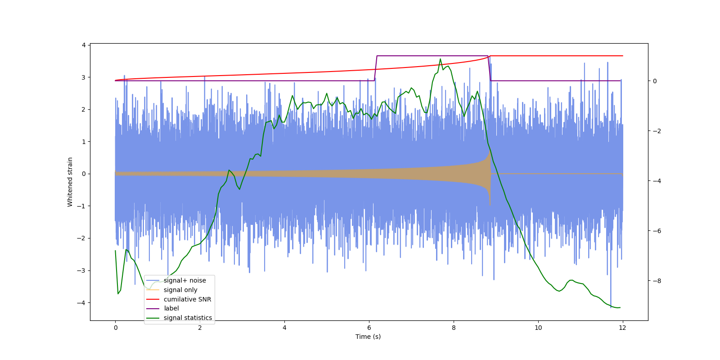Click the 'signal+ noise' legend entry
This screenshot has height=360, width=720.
coord(184,280)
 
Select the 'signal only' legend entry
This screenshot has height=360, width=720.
coord(180,290)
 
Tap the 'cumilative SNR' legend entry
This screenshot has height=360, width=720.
coord(187,299)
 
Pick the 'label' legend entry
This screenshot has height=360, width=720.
coord(171,308)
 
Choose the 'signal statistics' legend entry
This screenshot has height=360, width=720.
coord(188,318)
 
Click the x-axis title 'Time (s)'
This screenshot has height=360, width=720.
coord(368,337)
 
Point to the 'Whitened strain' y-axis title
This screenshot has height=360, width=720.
coord(70,182)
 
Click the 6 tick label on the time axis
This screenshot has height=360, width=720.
coord(369,328)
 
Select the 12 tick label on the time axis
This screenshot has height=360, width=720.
coord(622,328)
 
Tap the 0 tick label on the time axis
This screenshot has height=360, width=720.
coord(116,328)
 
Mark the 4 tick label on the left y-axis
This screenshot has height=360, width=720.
coord(84,45)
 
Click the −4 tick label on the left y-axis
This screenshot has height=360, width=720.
coord(81,303)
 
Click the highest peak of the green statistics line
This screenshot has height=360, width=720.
coord(441,59)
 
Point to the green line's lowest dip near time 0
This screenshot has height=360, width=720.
coord(118,294)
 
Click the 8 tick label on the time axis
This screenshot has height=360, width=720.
coord(454,328)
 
